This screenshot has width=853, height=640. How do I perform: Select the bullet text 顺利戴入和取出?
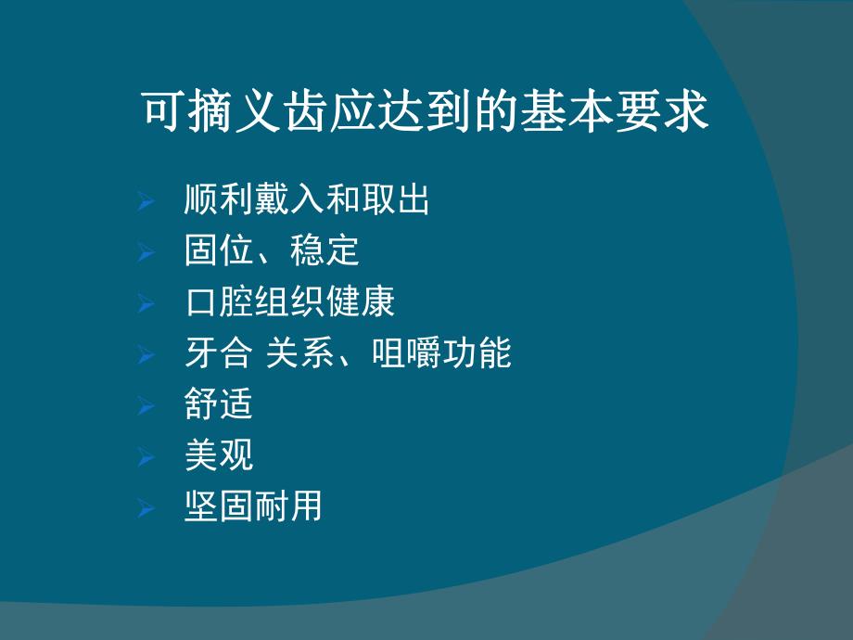point(307,200)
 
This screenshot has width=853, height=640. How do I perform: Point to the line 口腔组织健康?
point(289,302)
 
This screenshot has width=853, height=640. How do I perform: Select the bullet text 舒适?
point(218,405)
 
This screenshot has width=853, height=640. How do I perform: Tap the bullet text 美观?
point(218,455)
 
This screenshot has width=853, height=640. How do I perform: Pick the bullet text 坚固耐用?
point(253,506)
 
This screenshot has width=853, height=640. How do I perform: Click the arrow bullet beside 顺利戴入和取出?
point(145,201)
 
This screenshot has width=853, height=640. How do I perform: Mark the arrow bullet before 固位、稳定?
point(145,252)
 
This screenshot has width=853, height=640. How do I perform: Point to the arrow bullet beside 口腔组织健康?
point(145,303)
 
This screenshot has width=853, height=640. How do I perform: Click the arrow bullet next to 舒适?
point(145,406)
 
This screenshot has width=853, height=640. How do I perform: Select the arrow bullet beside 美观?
point(145,456)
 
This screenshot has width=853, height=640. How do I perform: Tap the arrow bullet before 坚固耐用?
point(145,507)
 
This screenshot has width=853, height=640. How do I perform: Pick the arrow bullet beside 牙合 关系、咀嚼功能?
point(145,354)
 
